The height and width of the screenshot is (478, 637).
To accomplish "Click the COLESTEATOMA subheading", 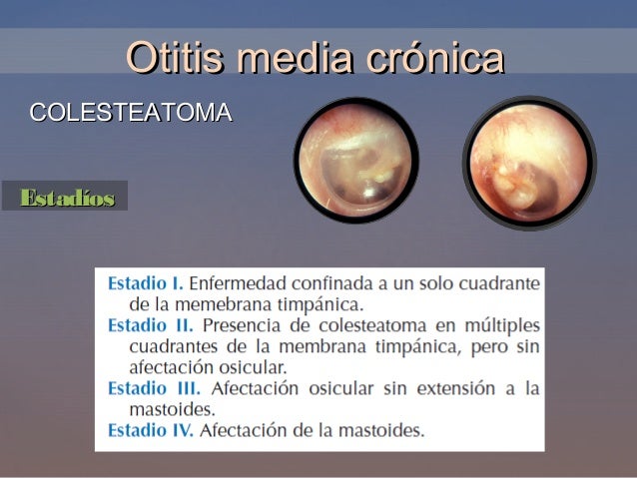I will click(131, 112).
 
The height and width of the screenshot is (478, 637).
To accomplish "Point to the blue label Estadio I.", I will click(145, 282).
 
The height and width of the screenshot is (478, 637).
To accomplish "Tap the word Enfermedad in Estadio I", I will click(239, 282).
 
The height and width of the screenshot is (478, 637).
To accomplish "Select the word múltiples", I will click(502, 325).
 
